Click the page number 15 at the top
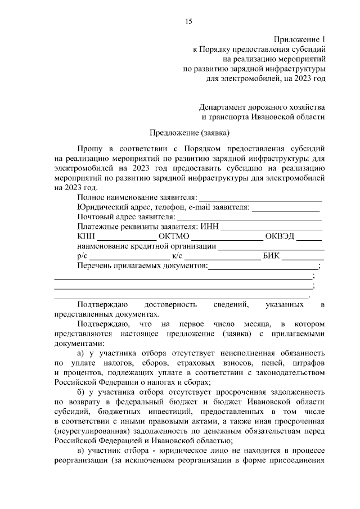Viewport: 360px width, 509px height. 188,21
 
